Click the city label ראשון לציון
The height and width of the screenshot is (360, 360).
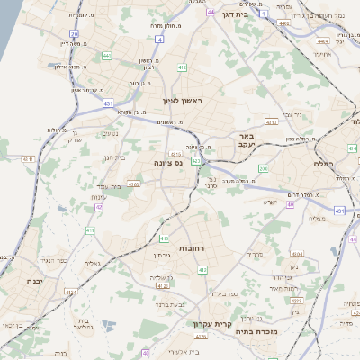[x=184, y=102]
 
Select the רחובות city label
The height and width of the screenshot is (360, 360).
[x=194, y=247]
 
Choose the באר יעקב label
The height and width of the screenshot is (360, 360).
[x=247, y=139]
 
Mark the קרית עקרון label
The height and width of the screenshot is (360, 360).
[x=212, y=324]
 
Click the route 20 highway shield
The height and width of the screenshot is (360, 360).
[x=74, y=34]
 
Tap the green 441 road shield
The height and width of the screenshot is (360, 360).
[x=107, y=55]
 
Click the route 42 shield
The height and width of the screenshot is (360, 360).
[x=99, y=207]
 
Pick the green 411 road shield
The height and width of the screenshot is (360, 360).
[x=90, y=230]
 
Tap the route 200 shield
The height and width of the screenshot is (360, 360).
[x=263, y=168]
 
